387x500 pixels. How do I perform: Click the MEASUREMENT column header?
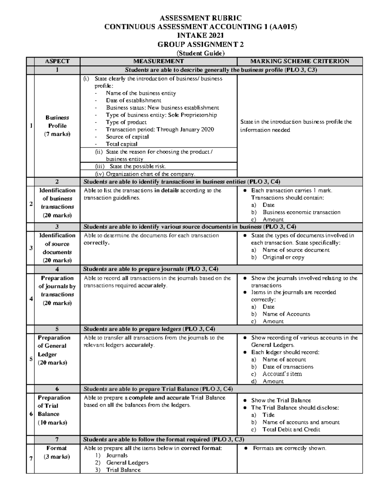(x=158, y=61)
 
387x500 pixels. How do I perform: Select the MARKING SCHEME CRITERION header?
(x=300, y=61)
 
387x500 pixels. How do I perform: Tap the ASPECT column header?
(x=57, y=61)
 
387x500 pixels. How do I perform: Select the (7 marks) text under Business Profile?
(x=57, y=134)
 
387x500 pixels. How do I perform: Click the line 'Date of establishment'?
(x=134, y=100)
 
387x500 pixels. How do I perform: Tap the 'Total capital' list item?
(x=122, y=144)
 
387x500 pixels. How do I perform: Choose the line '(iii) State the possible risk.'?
(x=130, y=166)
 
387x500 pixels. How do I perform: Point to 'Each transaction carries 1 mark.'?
(x=292, y=191)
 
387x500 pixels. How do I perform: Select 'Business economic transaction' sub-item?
(x=301, y=212)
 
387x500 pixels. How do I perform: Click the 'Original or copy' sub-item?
(x=283, y=257)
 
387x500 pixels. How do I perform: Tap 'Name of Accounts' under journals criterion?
(x=286, y=314)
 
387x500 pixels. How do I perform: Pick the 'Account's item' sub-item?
(x=282, y=374)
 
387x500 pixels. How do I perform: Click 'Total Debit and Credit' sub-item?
(x=291, y=429)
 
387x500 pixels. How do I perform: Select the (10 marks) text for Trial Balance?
(x=53, y=422)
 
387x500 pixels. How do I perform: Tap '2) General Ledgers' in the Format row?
(x=127, y=463)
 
